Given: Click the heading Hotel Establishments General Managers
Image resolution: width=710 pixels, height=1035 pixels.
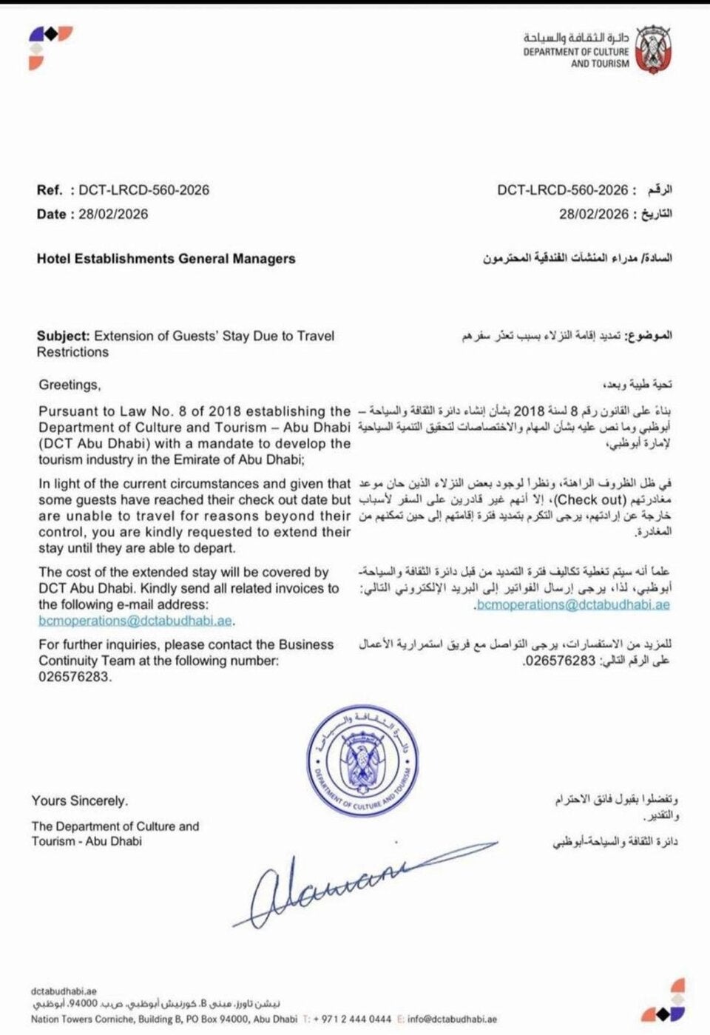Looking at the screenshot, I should pyautogui.click(x=166, y=259).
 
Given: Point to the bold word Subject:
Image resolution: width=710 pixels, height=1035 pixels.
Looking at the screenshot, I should pyautogui.click(x=63, y=336).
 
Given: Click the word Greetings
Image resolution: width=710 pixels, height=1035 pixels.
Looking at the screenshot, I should pyautogui.click(x=69, y=385).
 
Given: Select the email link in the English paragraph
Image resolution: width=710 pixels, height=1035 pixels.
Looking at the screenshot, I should pyautogui.click(x=136, y=621).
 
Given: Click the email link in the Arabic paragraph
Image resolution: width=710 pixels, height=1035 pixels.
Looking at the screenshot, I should pyautogui.click(x=573, y=604).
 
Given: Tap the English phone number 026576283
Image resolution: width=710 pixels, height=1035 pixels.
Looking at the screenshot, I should pyautogui.click(x=74, y=676).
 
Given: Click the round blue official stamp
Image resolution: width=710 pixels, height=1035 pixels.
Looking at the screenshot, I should pyautogui.click(x=362, y=762).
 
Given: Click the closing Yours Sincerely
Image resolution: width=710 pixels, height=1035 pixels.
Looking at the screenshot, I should pyautogui.click(x=80, y=800).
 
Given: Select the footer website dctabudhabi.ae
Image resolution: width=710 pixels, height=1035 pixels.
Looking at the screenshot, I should pyautogui.click(x=64, y=991).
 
